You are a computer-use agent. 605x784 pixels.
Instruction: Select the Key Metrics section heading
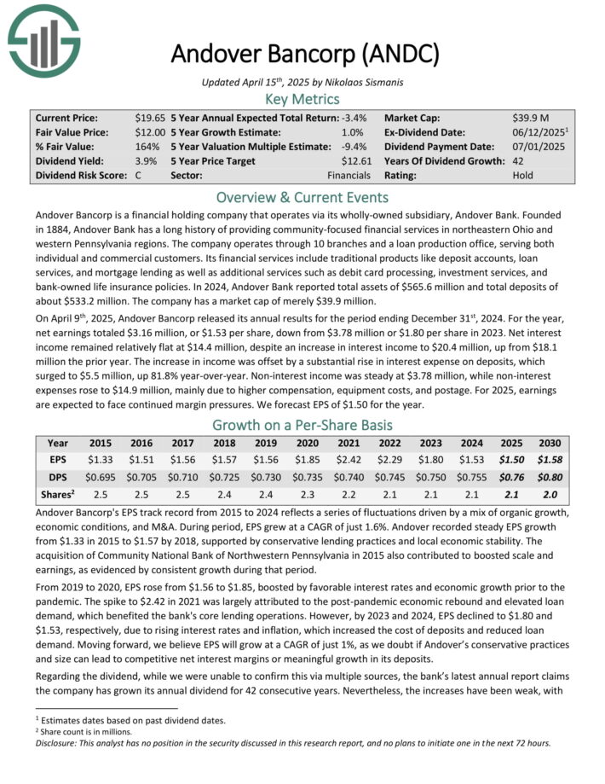coord(302,99)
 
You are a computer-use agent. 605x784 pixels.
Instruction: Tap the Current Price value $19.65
coord(150,118)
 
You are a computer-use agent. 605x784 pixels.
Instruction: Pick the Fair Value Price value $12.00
coord(150,132)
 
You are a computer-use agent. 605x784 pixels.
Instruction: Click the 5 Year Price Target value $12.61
coord(357,160)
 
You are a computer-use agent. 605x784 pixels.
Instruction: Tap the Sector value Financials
coord(349,175)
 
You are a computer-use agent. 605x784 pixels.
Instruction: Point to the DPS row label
coord(58,477)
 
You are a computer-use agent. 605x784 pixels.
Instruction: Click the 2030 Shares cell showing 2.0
coord(550,495)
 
